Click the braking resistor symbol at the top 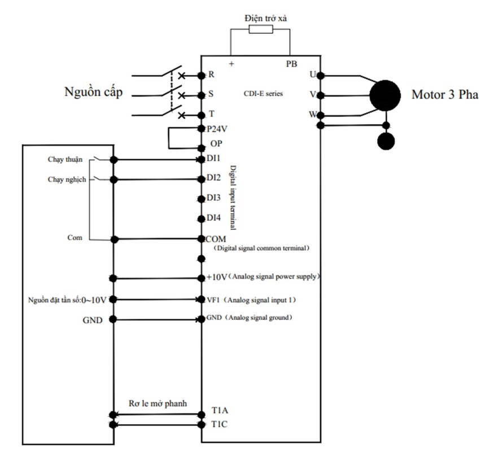[261, 29]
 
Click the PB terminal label [291, 64]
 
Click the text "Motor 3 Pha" [444, 94]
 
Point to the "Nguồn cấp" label [93, 92]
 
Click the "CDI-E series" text [263, 94]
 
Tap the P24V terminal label [217, 129]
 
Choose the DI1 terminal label [213, 160]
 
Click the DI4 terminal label [213, 218]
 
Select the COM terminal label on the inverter [216, 239]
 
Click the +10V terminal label [216, 277]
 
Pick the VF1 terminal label [213, 299]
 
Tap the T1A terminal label [220, 410]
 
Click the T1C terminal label [220, 423]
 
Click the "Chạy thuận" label [64, 160]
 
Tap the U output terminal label [313, 74]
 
